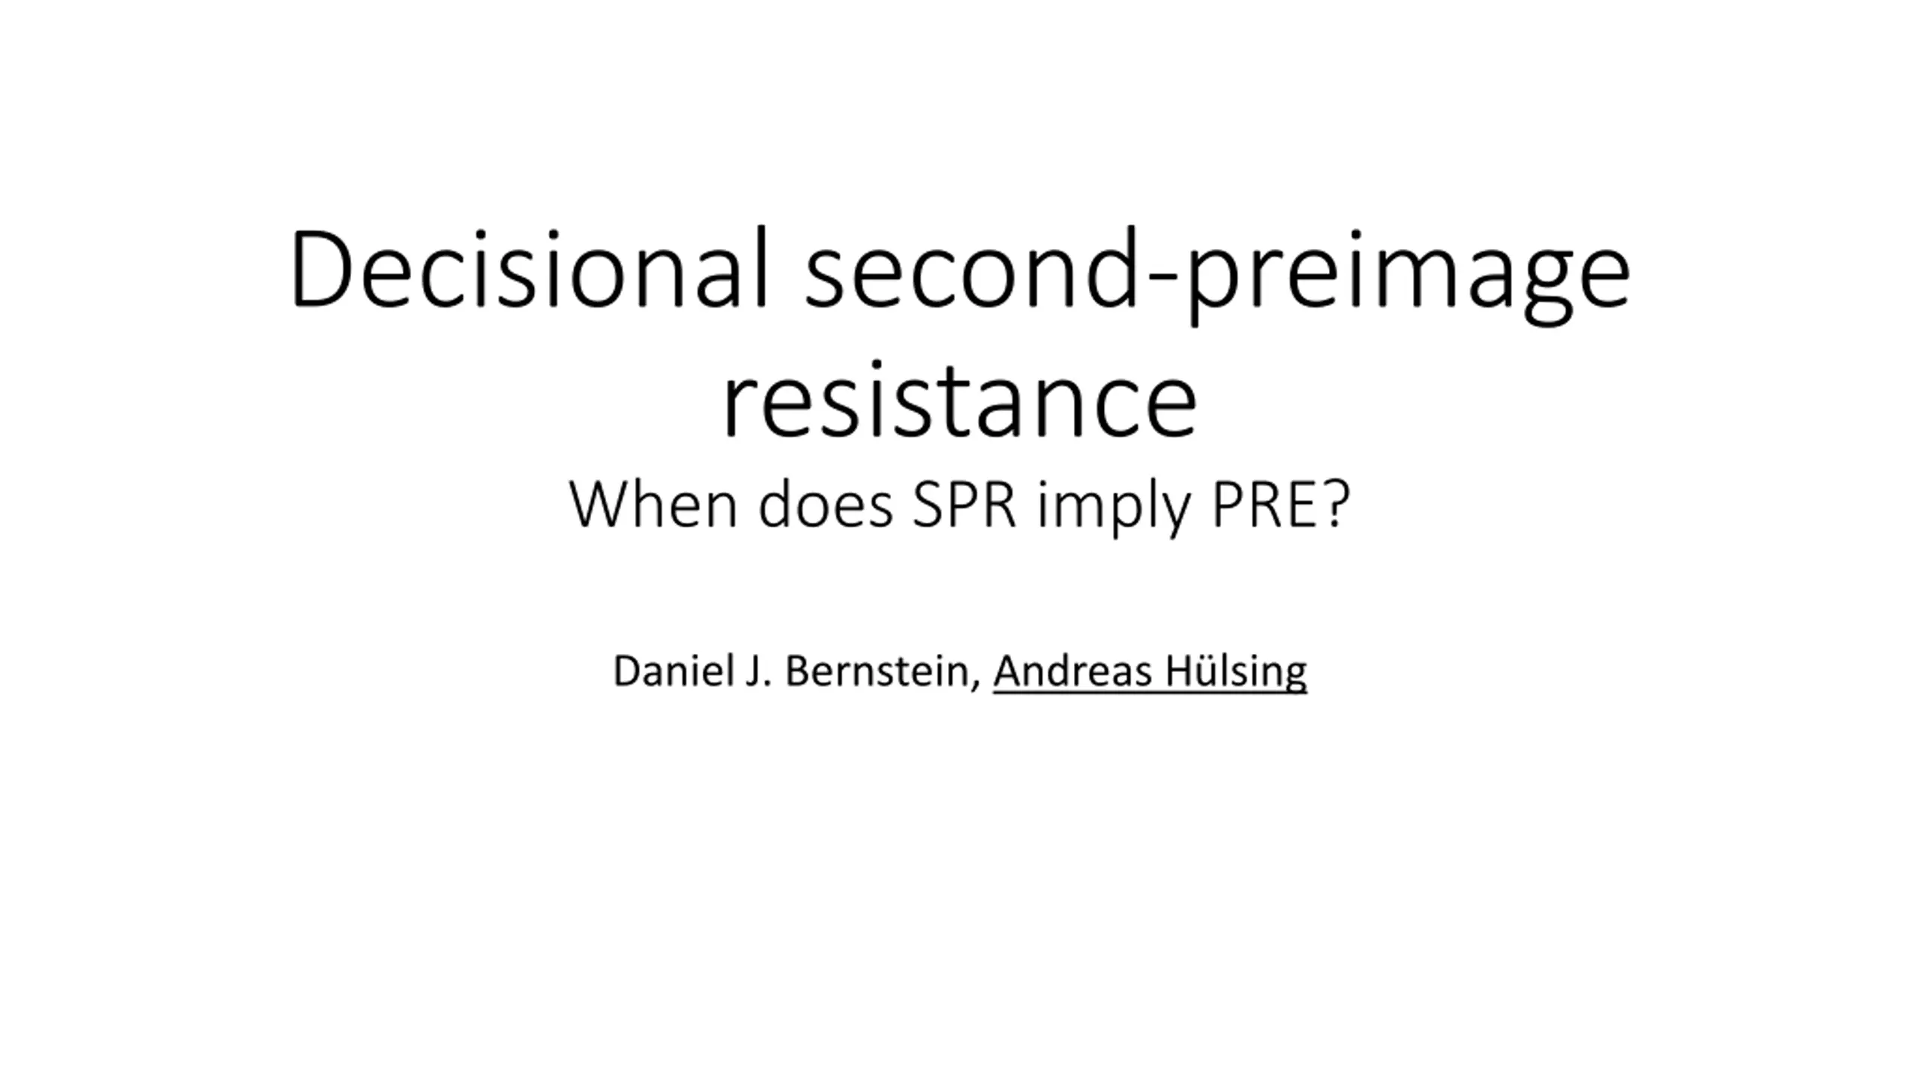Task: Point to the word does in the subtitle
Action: tap(826, 504)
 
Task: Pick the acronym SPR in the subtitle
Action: tap(964, 504)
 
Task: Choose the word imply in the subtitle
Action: tap(1114, 508)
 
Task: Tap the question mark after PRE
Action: tap(1335, 504)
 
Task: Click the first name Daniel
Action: tap(672, 670)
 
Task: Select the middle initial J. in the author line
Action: tap(758, 670)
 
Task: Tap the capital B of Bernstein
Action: tap(797, 670)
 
